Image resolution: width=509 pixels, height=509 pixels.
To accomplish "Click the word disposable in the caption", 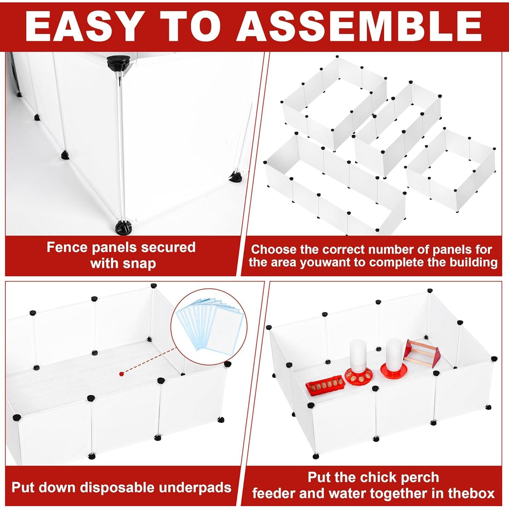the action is coord(117,488).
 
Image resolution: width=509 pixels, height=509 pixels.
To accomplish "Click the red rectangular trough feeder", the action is coord(326,385).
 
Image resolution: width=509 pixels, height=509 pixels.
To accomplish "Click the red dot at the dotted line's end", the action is coord(121,374).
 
